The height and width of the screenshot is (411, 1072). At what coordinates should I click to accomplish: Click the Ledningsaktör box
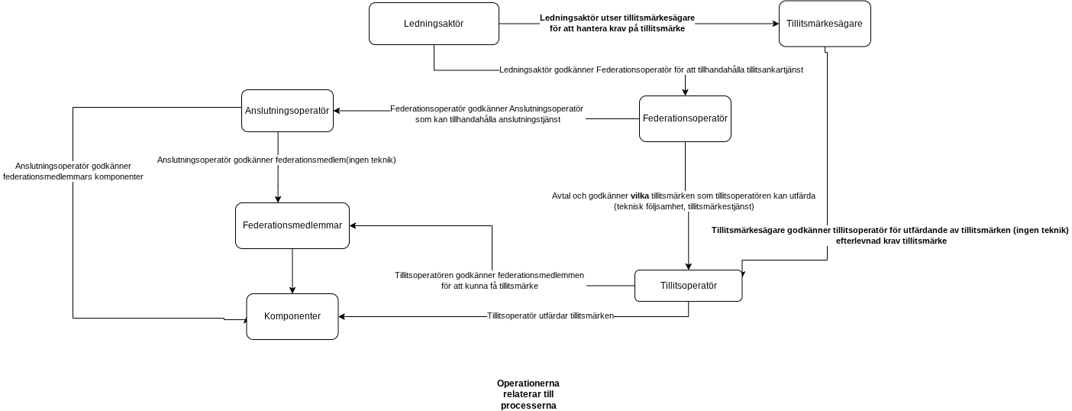tap(434, 24)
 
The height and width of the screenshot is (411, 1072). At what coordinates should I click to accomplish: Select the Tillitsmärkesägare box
tap(825, 24)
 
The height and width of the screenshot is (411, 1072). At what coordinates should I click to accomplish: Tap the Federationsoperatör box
tap(685, 119)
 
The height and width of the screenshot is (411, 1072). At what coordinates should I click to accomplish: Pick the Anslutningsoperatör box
tap(287, 111)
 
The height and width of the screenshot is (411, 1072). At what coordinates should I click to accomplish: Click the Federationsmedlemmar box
tap(292, 225)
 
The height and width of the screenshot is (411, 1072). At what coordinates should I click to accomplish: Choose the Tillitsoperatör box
tap(688, 286)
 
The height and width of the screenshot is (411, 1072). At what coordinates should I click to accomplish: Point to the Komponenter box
tap(292, 316)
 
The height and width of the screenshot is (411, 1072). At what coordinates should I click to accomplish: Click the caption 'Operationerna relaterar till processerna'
tap(528, 394)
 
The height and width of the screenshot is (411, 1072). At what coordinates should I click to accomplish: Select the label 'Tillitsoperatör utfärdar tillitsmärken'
tap(551, 316)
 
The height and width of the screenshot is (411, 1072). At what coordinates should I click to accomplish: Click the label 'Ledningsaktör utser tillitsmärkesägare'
tap(618, 18)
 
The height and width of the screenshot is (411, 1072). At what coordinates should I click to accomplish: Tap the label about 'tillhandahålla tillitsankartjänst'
tap(651, 70)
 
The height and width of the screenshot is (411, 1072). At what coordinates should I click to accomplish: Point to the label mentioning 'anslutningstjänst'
tap(486, 114)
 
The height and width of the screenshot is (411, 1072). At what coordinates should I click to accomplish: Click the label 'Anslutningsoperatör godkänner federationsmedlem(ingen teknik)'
tap(276, 160)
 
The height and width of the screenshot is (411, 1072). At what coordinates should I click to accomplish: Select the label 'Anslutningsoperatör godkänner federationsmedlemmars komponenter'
tap(73, 171)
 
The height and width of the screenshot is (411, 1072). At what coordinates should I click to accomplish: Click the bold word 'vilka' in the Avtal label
tap(640, 196)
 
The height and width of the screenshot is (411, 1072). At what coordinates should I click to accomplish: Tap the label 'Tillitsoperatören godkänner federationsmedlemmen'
tap(489, 280)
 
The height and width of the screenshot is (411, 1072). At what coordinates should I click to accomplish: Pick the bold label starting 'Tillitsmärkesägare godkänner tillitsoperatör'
tap(890, 236)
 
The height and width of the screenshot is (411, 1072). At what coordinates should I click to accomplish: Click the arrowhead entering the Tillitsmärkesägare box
tap(777, 24)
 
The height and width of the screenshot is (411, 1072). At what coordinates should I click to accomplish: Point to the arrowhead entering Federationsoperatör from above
tap(685, 92)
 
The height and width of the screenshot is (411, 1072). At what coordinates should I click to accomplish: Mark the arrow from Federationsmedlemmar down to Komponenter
tap(292, 271)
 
